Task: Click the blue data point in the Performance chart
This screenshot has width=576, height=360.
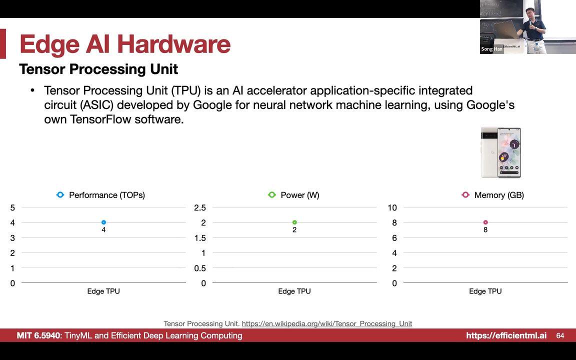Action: (x=103, y=222)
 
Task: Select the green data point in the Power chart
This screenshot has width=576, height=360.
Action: (x=294, y=222)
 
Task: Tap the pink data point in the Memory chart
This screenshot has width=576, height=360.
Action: (x=485, y=222)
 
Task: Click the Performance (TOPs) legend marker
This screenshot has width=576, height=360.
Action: (x=60, y=195)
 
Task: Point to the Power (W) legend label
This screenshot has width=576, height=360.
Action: (x=299, y=195)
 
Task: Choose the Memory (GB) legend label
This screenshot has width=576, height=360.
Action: (x=498, y=195)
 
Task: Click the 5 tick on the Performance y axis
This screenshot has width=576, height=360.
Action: (x=12, y=207)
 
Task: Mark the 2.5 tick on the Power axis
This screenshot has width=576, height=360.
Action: (x=200, y=207)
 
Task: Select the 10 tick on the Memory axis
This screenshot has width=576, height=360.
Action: (x=392, y=207)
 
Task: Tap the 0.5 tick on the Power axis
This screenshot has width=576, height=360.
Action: (x=200, y=268)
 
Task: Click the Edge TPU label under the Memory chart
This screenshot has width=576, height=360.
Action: (x=485, y=291)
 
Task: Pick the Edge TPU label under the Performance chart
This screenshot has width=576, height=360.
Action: (x=103, y=291)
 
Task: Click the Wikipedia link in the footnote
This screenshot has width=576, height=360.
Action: (x=327, y=323)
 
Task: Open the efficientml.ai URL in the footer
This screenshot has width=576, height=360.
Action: (x=506, y=335)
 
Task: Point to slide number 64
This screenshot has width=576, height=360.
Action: (x=560, y=335)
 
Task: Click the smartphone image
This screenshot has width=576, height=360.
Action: (x=500, y=152)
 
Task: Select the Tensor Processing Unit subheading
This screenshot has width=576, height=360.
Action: (x=98, y=69)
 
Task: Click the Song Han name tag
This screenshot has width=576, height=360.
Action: (x=491, y=49)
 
